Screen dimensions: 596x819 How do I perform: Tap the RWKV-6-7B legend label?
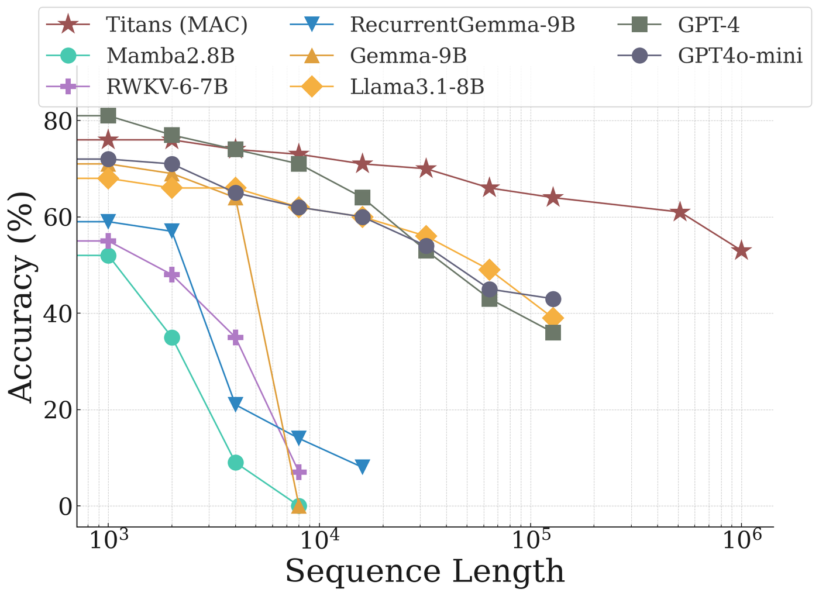pyautogui.click(x=167, y=87)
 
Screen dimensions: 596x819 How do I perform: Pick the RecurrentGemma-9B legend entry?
pyautogui.click(x=463, y=25)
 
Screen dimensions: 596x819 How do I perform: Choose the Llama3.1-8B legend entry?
pyautogui.click(x=417, y=87)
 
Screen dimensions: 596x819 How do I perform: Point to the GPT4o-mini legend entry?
pyautogui.click(x=740, y=56)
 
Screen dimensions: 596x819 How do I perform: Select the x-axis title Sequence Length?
pyautogui.click(x=425, y=571)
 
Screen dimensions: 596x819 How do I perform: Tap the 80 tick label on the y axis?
pyautogui.click(x=57, y=121)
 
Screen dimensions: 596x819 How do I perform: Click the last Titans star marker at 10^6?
pyautogui.click(x=742, y=251)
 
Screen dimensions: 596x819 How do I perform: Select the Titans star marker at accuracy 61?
pyautogui.click(x=679, y=212)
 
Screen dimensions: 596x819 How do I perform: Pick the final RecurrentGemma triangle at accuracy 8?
pyautogui.click(x=362, y=467)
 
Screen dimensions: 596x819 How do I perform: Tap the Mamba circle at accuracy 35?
pyautogui.click(x=172, y=337)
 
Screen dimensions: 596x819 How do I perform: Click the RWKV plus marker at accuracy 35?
pyautogui.click(x=235, y=337)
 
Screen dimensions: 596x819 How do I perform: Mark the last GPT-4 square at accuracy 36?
pyautogui.click(x=553, y=333)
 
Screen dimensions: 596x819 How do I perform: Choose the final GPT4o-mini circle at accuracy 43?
pyautogui.click(x=553, y=299)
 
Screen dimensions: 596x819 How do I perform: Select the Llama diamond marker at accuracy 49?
pyautogui.click(x=490, y=270)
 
